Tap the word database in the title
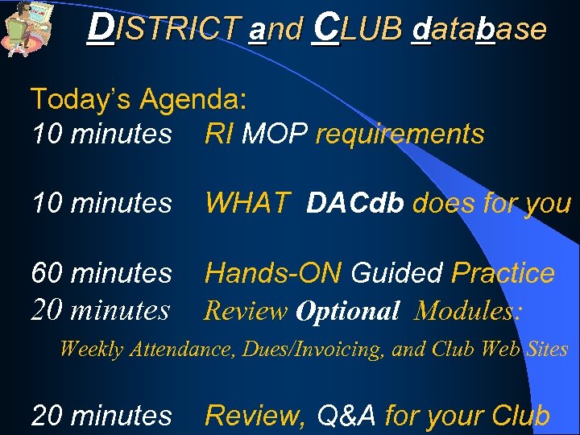[478, 29]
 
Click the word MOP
[275, 134]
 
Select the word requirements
[400, 135]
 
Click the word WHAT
[246, 204]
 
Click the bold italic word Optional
[347, 311]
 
